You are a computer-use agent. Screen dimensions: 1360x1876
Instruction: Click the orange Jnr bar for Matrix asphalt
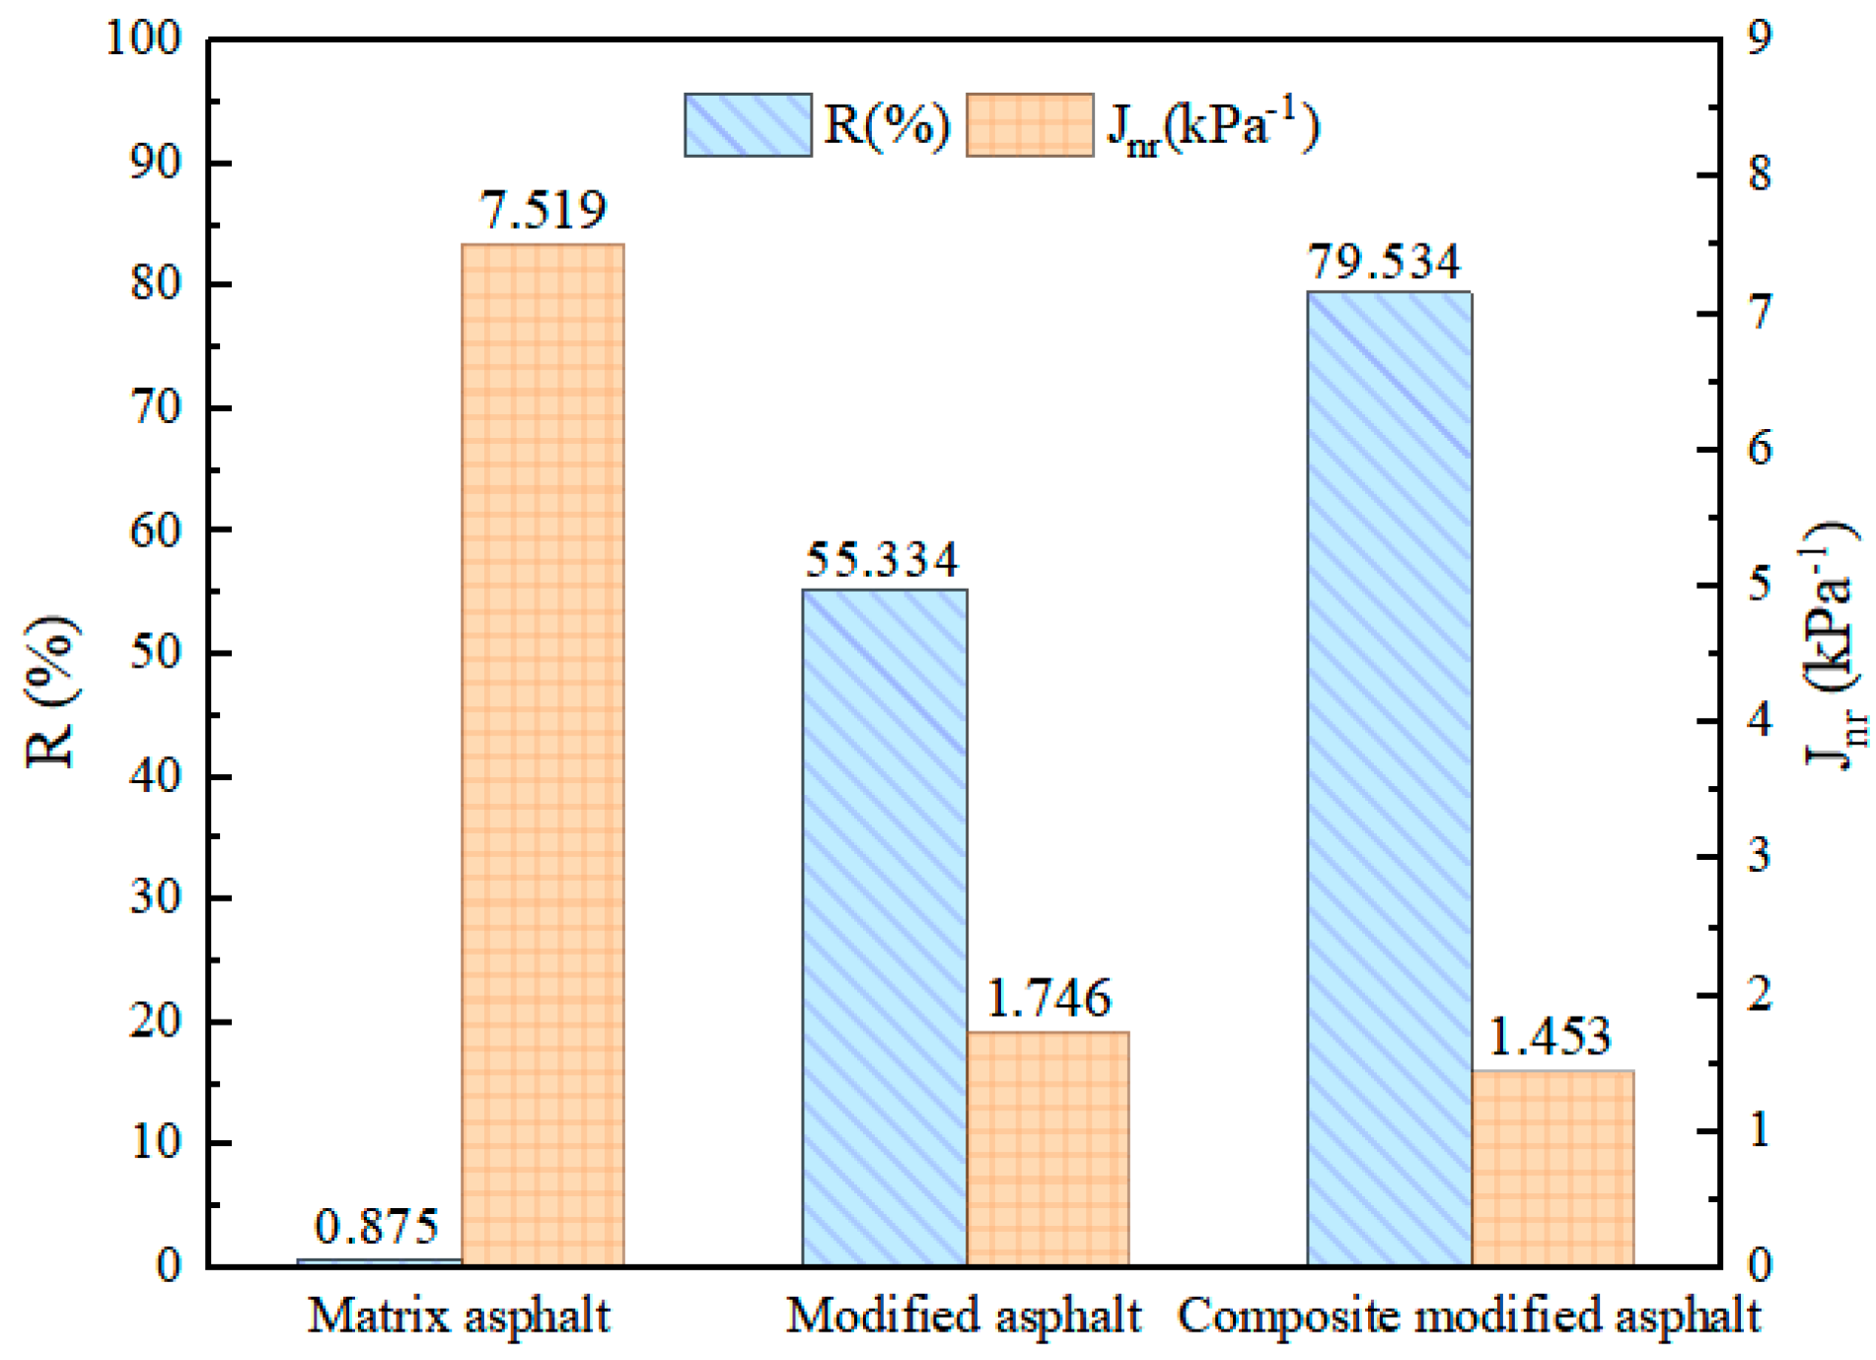click(x=542, y=754)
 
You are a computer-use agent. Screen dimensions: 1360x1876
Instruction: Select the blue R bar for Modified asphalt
click(x=884, y=927)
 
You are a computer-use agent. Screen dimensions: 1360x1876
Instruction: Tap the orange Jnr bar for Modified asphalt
click(x=1047, y=1148)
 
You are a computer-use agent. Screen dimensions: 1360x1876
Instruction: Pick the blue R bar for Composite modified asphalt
click(x=1389, y=778)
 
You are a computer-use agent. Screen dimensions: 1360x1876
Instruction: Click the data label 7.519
click(x=542, y=210)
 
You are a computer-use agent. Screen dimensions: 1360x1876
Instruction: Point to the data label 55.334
click(x=881, y=560)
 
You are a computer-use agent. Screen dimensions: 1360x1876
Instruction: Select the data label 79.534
click(x=1383, y=262)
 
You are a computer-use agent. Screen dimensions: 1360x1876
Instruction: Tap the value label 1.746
click(x=1047, y=999)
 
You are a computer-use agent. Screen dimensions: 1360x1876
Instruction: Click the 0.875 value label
click(x=376, y=1227)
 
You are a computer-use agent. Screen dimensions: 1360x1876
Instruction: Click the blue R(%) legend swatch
click(x=748, y=125)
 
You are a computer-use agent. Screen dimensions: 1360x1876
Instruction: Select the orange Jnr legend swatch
click(x=1029, y=125)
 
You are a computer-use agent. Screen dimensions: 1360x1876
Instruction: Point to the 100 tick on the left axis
click(x=144, y=39)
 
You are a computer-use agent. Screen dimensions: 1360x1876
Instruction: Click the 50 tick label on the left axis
click(x=156, y=652)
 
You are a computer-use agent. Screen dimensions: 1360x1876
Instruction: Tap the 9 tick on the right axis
click(x=1759, y=37)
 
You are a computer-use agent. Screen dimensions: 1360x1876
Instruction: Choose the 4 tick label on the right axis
click(x=1759, y=719)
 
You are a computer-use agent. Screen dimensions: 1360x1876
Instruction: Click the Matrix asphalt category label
click(x=459, y=1316)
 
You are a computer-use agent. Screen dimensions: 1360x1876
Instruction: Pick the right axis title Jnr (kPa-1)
click(x=1833, y=646)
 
